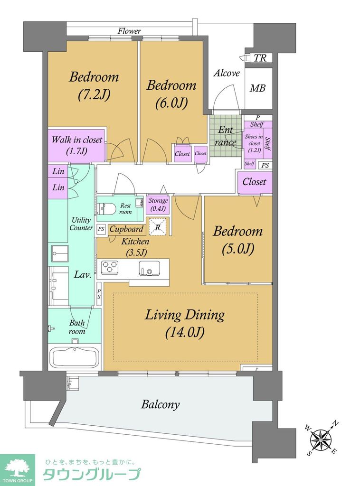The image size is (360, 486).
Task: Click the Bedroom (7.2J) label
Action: point(94,86)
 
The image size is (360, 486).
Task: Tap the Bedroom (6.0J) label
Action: point(171,94)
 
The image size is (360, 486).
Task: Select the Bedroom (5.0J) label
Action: point(237,240)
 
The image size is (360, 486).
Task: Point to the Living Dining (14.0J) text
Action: point(185,323)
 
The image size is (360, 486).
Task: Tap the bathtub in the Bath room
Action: point(75,357)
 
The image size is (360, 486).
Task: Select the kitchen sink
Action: point(149,268)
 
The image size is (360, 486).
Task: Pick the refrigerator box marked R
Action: point(158,227)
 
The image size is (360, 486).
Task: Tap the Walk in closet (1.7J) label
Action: point(76,145)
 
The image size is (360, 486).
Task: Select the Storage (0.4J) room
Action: point(158,205)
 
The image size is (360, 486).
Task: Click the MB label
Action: point(258,88)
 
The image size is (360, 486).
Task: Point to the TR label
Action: point(260,58)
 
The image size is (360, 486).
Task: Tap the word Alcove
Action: point(227,73)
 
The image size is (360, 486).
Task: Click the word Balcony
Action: point(161,404)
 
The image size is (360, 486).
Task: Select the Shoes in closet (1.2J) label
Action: point(254,143)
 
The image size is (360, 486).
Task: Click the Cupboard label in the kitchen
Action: point(126,229)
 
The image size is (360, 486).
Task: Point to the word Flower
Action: point(129,31)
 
